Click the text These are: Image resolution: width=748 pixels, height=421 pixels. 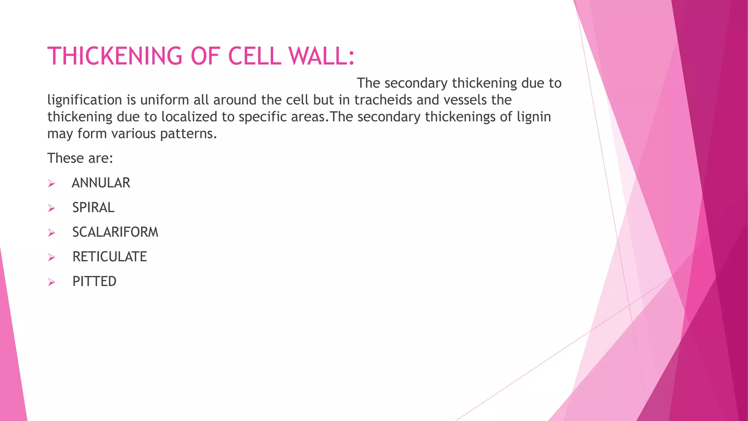pos(80,158)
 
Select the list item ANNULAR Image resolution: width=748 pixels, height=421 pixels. pos(101,183)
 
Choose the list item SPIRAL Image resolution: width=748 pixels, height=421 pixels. pos(93,208)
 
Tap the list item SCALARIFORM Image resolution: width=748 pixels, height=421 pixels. pos(115,232)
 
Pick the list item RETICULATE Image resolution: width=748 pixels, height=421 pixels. pos(110,257)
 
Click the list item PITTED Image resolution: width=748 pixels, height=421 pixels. pos(94,281)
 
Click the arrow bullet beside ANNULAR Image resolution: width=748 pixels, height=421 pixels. pos(51,183)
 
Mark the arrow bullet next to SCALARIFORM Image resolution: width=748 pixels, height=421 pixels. pos(51,233)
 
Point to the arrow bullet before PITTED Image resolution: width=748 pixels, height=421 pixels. pos(51,282)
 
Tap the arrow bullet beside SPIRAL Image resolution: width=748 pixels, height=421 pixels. pos(51,208)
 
